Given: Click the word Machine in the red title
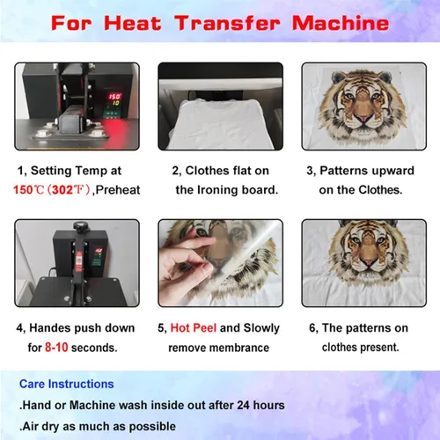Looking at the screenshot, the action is pos(341,23).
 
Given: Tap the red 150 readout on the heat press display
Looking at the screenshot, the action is pos(114,97).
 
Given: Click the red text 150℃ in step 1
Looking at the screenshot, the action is pos(29,190).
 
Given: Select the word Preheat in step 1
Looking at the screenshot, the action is pos(118,190).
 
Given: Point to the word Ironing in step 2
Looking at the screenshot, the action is pos(217,190).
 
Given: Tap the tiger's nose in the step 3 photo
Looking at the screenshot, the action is pos(363,118).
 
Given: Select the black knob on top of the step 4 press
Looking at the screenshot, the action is pos(79,226).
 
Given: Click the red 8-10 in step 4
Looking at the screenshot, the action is pos(56,348).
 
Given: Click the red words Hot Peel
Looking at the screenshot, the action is pos(194,328).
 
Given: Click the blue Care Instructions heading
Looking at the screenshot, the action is pos(67,384).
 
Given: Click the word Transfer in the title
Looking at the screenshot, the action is pos(227,23).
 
